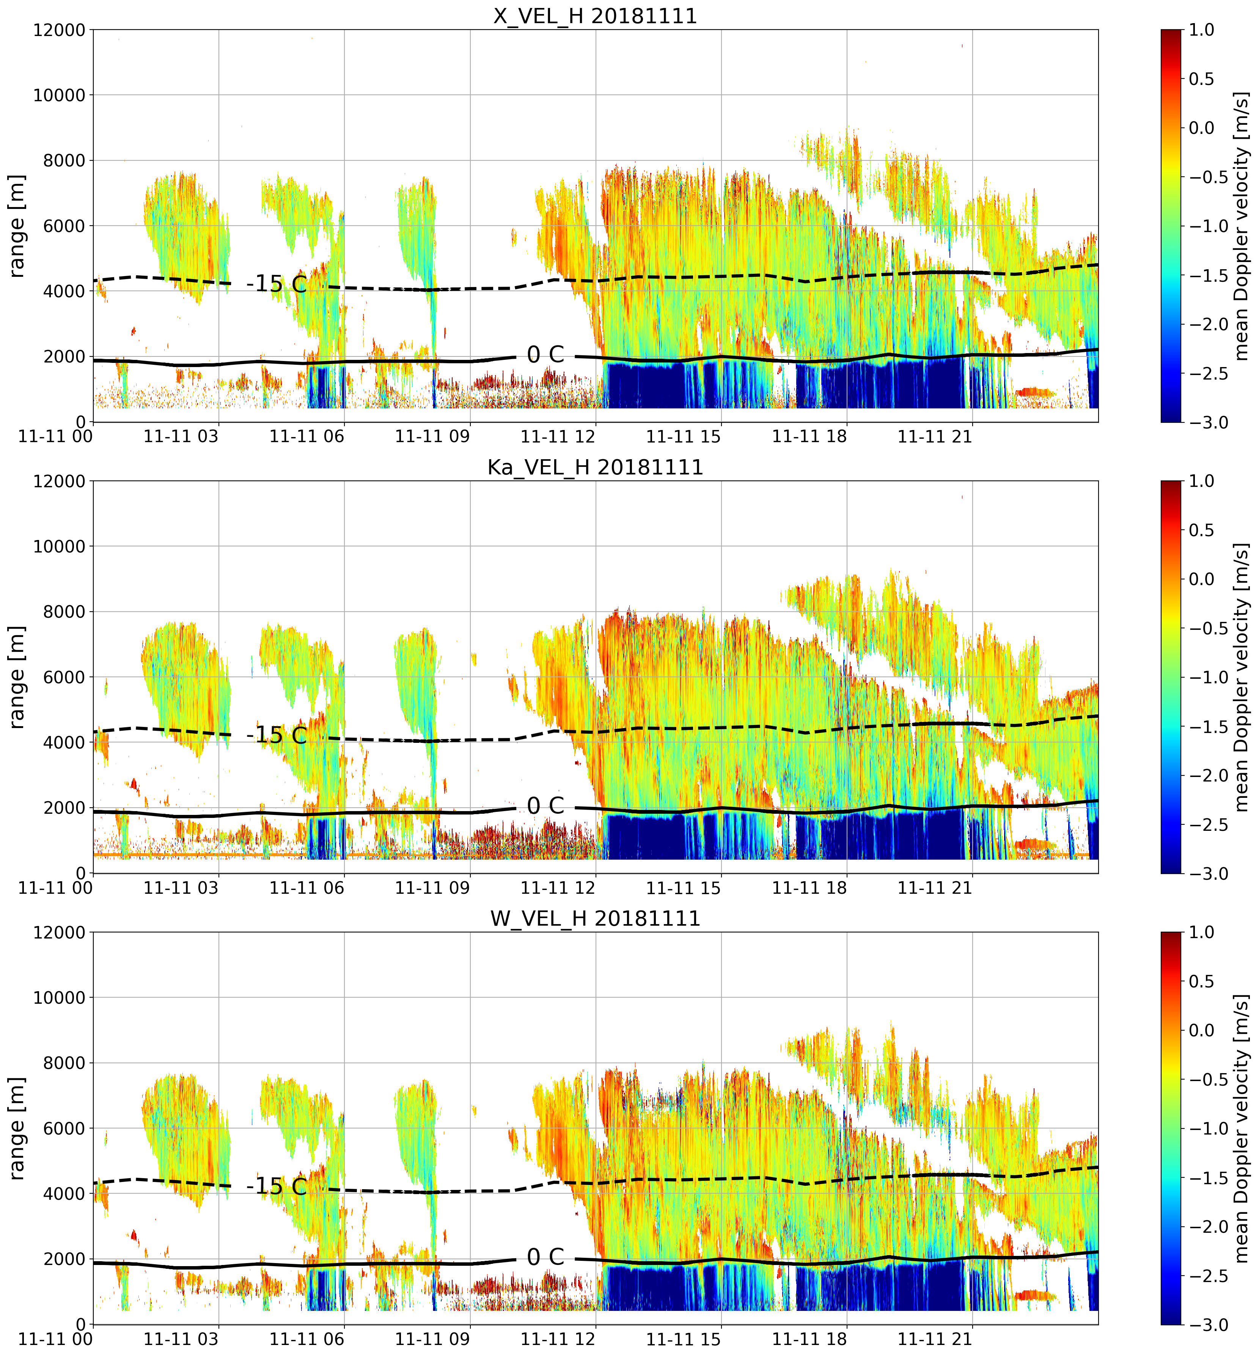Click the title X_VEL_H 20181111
596,16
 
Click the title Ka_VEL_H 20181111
596,467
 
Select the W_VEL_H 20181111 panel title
596,919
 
